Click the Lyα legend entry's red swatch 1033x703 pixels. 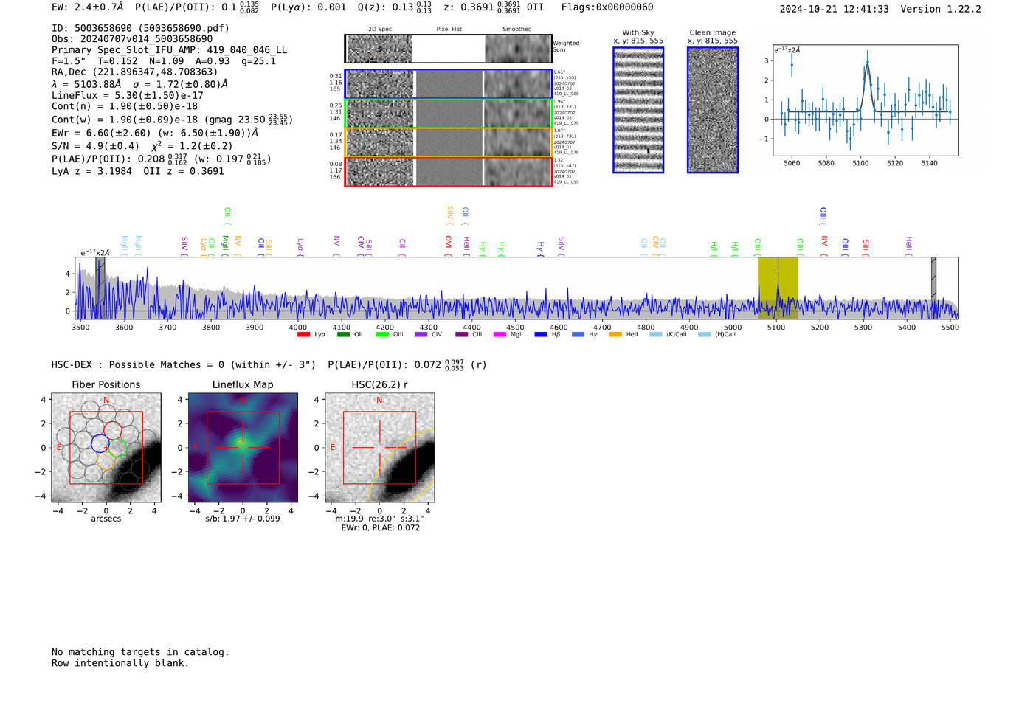pos(303,335)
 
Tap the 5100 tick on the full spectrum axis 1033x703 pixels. pos(776,328)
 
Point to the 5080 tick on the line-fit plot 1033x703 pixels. pos(826,163)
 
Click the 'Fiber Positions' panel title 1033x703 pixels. pos(106,384)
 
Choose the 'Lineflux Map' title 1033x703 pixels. pos(242,384)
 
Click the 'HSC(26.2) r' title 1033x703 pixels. pos(379,384)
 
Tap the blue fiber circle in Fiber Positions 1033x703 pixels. pos(100,443)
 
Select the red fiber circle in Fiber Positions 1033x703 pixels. pos(113,430)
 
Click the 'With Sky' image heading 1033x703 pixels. pos(638,32)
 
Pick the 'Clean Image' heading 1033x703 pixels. pos(712,32)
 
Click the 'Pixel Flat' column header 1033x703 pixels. pos(449,30)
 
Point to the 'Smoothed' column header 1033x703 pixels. pos(516,30)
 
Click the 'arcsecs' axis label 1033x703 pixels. pos(106,519)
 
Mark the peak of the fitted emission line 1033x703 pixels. pos(867,65)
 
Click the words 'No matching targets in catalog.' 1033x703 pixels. pos(140,652)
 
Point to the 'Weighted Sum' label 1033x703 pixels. pos(566,46)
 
